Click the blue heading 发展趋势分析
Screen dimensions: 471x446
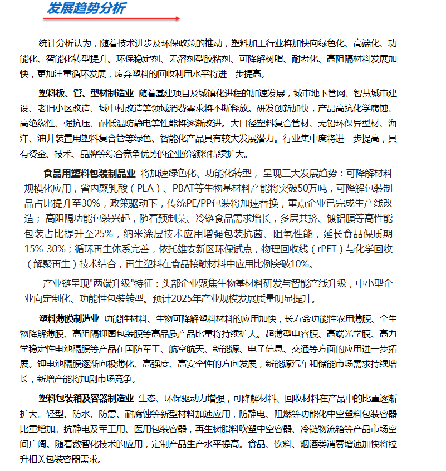pyautogui.click(x=86, y=8)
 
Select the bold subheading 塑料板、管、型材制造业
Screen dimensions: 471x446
pyautogui.click(x=86, y=92)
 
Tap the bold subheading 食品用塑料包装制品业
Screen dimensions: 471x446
pyautogui.click(x=90, y=173)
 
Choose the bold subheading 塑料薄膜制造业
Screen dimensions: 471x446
pyautogui.click(x=69, y=319)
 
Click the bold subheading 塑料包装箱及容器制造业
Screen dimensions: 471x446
pyautogui.click(x=86, y=399)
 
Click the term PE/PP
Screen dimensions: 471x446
pyautogui.click(x=206, y=203)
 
